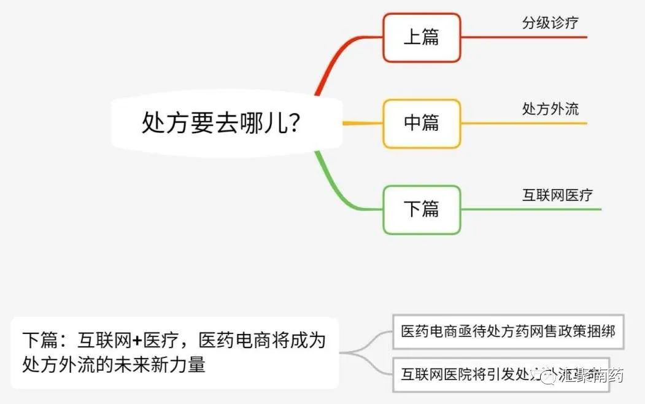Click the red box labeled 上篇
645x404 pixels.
click(422, 37)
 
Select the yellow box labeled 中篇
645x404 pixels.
click(422, 123)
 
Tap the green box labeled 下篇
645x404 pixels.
click(422, 209)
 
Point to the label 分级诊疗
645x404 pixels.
click(550, 23)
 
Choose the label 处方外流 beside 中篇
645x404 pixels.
click(550, 109)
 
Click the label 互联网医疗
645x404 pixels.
click(557, 195)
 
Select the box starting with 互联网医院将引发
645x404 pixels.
click(466, 374)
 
